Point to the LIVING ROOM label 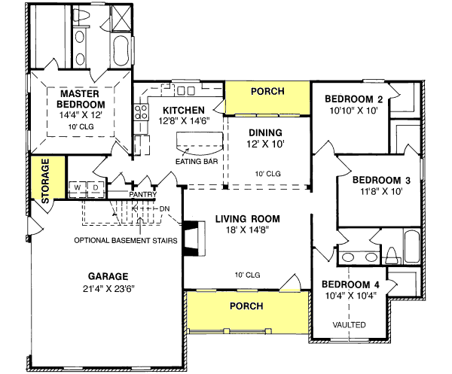pyautogui.click(x=247, y=219)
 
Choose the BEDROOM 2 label pyautogui.click(x=353, y=99)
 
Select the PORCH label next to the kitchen pyautogui.click(x=267, y=92)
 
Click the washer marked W pyautogui.click(x=78, y=187)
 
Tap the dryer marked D pyautogui.click(x=96, y=187)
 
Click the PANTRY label pyautogui.click(x=142, y=194)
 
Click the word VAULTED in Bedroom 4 pyautogui.click(x=350, y=324)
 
